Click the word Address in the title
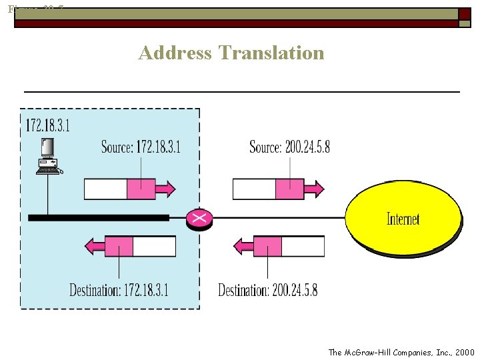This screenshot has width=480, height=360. pos(174,53)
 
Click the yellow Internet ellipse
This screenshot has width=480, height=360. pos(403,218)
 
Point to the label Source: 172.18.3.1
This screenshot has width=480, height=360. pos(141,147)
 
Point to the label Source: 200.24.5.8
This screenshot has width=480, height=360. pos(289,147)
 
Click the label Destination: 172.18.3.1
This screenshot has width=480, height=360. pos(119,290)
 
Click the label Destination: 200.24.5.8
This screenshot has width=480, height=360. pos(268,290)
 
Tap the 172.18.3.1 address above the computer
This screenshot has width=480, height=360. pos(47,125)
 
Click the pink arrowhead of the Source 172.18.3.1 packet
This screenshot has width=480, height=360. pos(167,189)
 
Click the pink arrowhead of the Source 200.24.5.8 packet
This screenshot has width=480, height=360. pos(315,189)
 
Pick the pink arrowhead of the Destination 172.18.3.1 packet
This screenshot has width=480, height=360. pos(94,247)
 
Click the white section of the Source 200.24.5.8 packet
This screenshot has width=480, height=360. pos(254,189)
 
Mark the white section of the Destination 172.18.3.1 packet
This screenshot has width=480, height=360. pos(154,247)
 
